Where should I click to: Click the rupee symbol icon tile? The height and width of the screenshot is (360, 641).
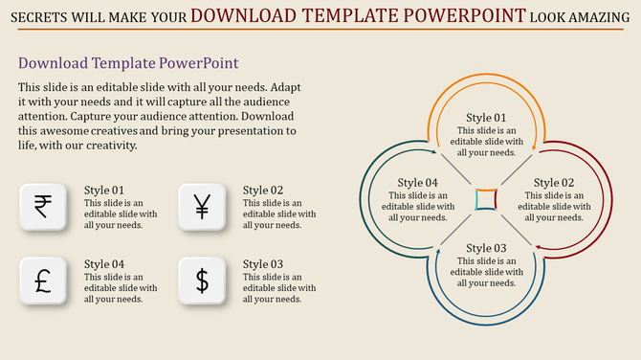[x=42, y=207]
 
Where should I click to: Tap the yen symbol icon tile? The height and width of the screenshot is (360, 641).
[x=202, y=207]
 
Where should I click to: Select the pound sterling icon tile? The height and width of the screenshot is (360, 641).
[x=42, y=281]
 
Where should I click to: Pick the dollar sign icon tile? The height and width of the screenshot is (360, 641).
[x=202, y=281]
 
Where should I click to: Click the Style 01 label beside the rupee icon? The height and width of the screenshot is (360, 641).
[x=104, y=191]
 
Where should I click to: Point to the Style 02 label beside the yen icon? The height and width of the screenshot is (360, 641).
[x=263, y=191]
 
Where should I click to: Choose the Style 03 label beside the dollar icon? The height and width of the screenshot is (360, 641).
[x=263, y=264]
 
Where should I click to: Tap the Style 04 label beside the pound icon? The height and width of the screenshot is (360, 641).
[x=104, y=264]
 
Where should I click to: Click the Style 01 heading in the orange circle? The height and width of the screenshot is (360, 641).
[x=486, y=118]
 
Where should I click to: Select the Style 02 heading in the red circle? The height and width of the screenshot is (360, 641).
[x=554, y=183]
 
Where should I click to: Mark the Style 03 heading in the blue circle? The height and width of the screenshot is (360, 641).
[x=486, y=248]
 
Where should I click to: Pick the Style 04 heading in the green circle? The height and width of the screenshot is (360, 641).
[x=418, y=183]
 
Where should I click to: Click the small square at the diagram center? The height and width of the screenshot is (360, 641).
[x=486, y=199]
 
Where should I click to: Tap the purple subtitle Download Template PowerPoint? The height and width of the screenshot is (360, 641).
[x=128, y=63]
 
